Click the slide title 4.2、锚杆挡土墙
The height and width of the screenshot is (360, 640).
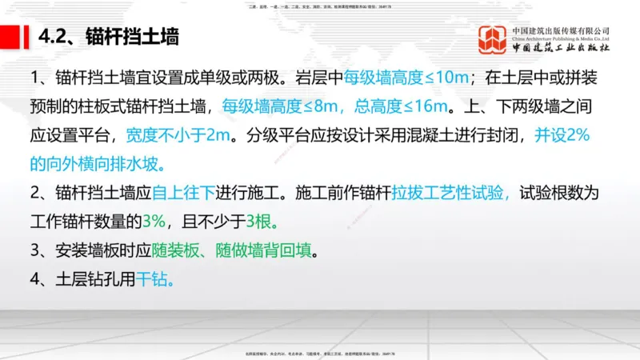pos(108,37)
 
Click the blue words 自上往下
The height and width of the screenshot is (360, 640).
pos(178,194)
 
